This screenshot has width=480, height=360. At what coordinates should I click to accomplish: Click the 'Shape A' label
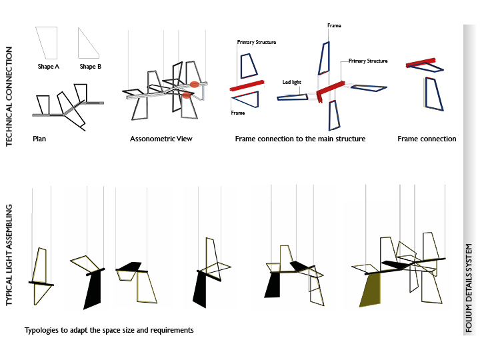coord(49,67)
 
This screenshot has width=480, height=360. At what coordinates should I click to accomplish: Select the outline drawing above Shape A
coord(48,42)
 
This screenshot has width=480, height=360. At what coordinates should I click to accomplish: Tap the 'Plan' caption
coord(39,139)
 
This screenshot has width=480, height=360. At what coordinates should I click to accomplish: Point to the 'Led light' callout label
coord(291,83)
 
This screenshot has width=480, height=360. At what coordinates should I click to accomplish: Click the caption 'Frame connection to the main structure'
coord(300,139)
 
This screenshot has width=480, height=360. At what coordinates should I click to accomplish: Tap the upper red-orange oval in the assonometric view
coord(194,84)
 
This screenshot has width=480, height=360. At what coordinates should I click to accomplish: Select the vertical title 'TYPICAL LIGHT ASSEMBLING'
coord(9,256)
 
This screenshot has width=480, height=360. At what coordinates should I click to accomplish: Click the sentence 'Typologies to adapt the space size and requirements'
coord(109,330)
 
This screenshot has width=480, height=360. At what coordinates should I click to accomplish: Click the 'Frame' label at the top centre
coord(334,25)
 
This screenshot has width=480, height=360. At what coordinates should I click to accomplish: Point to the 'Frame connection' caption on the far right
coord(427,139)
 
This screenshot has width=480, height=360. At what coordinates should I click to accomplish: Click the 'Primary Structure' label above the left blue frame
coord(256,42)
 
